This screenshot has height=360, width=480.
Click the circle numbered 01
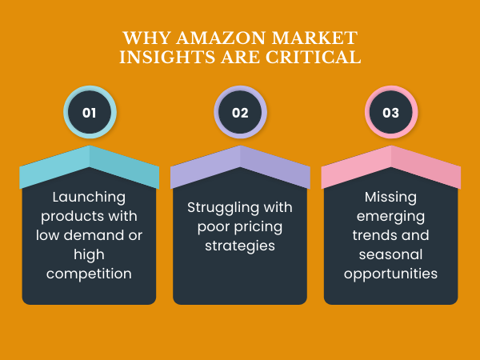click(89, 113)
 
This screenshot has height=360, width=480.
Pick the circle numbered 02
click(240, 113)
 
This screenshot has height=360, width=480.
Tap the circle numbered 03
click(390, 113)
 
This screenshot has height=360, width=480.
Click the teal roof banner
click(89, 166)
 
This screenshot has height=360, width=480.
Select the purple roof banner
click(240, 166)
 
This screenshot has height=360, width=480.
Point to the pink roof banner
click(390, 166)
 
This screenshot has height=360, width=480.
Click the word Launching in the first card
click(89, 196)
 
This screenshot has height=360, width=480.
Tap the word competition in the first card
click(89, 274)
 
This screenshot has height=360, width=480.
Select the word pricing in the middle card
click(257, 226)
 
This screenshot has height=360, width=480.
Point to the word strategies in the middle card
click(240, 246)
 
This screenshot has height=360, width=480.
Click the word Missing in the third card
click(390, 196)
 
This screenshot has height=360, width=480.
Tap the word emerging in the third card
click(390, 216)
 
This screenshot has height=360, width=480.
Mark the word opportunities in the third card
click(390, 274)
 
